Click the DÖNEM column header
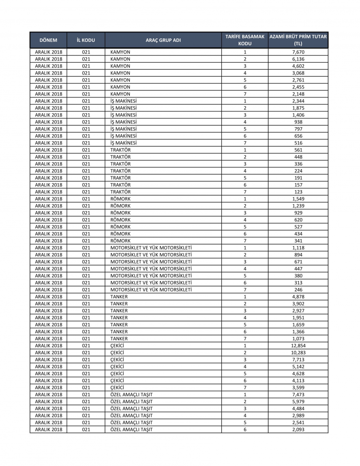pyautogui.click(x=48, y=40)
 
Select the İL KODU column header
pyautogui.click(x=86, y=40)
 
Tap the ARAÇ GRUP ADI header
pyautogui.click(x=163, y=40)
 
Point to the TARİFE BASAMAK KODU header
pyautogui.click(x=245, y=40)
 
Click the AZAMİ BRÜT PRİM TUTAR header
pyautogui.click(x=298, y=40)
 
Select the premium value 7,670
pyautogui.click(x=298, y=52)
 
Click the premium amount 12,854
pyautogui.click(x=298, y=346)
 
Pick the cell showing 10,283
pyautogui.click(x=298, y=353)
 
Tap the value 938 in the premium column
pyautogui.click(x=298, y=122)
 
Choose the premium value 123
pyautogui.click(x=298, y=192)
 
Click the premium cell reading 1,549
pyautogui.click(x=298, y=199)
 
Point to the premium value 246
pyautogui.click(x=298, y=290)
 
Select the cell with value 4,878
pyautogui.click(x=298, y=297)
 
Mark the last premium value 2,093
pyautogui.click(x=298, y=430)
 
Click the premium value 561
pyautogui.click(x=298, y=150)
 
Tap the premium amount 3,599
pyautogui.click(x=298, y=388)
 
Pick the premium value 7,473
pyautogui.click(x=298, y=395)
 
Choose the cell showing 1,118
pyautogui.click(x=298, y=248)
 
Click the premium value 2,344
pyautogui.click(x=298, y=101)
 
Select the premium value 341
pyautogui.click(x=298, y=241)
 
